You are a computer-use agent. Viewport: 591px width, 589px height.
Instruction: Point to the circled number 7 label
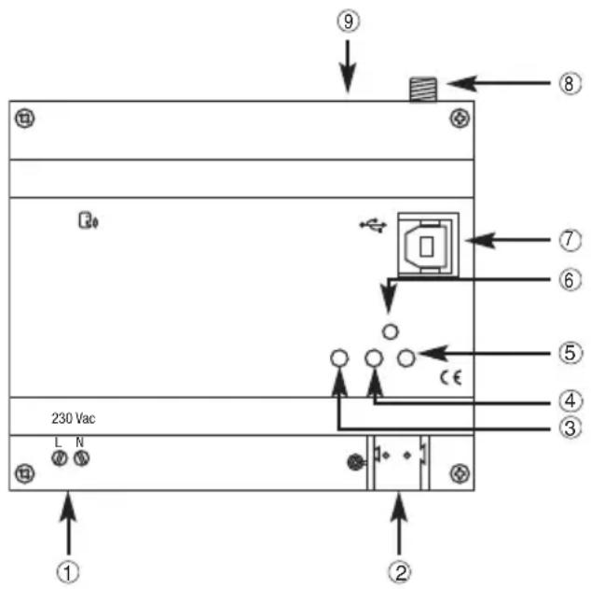570,241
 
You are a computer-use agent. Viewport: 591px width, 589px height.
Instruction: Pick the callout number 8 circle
570,82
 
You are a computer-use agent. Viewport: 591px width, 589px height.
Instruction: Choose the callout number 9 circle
349,22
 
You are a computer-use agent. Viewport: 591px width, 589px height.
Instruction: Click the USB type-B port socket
428,244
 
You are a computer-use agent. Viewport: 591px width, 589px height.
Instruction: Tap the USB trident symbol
371,226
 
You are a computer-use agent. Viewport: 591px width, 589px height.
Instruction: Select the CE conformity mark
450,378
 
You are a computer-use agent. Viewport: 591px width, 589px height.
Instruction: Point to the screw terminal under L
61,459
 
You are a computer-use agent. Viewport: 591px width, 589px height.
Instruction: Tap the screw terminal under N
81,459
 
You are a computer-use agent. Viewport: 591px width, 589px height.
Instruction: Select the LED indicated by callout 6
391,331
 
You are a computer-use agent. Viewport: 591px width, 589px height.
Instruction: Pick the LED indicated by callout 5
406,357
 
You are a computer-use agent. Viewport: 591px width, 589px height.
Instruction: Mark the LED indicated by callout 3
340,358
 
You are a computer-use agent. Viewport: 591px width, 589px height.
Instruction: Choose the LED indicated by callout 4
374,358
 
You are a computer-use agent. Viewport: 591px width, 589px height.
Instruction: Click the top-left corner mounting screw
26,119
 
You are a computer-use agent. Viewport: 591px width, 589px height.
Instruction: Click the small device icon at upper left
87,221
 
